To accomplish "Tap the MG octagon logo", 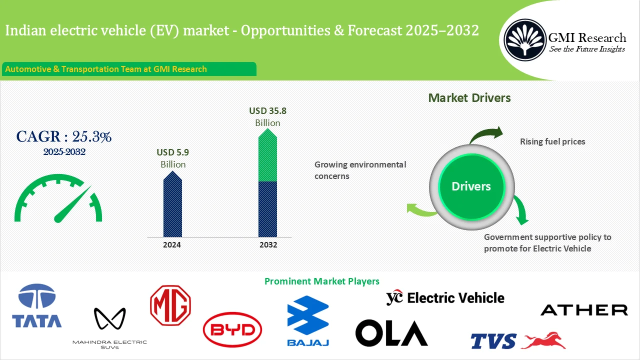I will (x=170, y=305).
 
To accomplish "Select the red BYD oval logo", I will (x=232, y=330).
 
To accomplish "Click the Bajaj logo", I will (x=307, y=320).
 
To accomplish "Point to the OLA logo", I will (x=391, y=332).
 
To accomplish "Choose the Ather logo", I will (x=584, y=310).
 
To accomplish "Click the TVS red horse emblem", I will (x=543, y=340).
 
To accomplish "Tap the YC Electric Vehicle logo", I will (x=445, y=298).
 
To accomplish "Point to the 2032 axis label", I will (x=268, y=245).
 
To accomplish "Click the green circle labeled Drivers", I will (x=471, y=186).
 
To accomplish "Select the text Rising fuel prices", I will (x=552, y=141).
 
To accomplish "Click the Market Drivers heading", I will (x=469, y=97).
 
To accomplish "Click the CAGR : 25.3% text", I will (x=64, y=136).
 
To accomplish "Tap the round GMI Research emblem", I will (x=524, y=39).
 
